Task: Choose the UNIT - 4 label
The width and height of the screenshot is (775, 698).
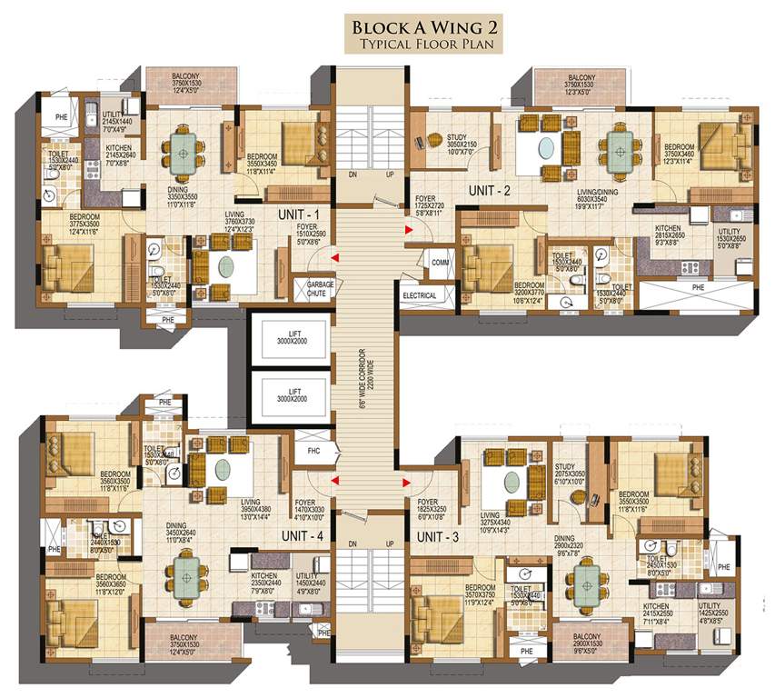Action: point(303,536)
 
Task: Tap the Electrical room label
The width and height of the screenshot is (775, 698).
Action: point(420,295)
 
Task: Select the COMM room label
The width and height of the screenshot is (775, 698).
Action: point(440,263)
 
